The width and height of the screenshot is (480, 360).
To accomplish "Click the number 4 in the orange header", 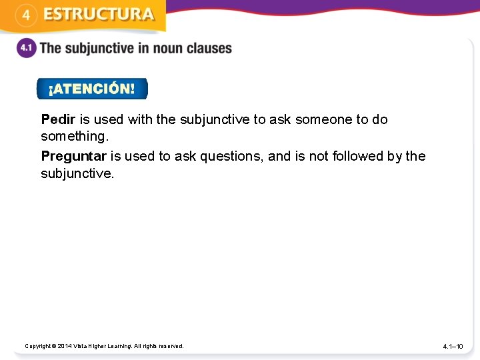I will point(25,15).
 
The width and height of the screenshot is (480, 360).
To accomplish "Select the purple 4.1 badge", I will point(27,49).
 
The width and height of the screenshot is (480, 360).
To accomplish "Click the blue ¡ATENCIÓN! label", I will point(91,89).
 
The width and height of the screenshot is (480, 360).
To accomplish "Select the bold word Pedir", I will point(59,119).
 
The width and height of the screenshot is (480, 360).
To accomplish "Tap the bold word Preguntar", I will point(73,156).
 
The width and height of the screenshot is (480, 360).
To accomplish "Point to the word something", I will point(74,137).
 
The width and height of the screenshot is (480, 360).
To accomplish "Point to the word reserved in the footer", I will point(171,346).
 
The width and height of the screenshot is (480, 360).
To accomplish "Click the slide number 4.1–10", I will point(457,347).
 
